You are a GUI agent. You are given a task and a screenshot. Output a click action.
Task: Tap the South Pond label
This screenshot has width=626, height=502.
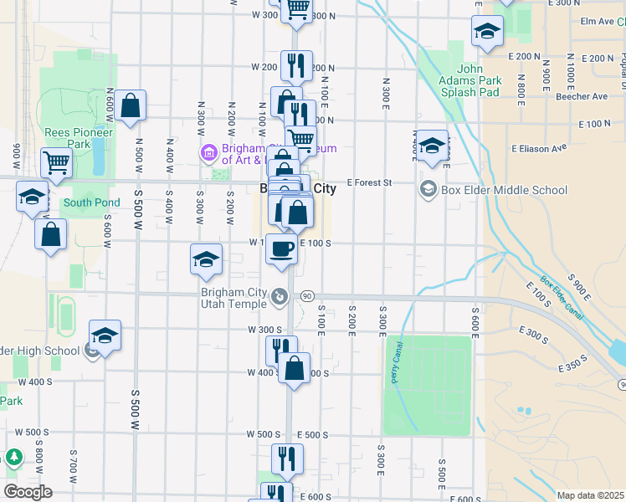click(91, 202)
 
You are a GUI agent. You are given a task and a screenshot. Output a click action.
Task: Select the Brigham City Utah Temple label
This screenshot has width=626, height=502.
click(236, 298)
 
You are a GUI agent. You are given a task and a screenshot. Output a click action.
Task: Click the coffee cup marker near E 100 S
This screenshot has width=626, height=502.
click(281, 248)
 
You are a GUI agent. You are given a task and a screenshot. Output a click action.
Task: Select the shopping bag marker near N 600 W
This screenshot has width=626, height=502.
click(130, 105)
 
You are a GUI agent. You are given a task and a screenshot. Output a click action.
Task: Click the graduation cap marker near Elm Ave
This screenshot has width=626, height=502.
click(486, 33)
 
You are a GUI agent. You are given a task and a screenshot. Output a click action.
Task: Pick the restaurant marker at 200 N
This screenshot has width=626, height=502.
click(295, 64)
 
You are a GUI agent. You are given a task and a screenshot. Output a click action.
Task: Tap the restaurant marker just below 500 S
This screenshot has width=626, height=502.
click(287, 458)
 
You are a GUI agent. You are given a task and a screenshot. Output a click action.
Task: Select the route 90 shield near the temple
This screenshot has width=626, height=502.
click(307, 296)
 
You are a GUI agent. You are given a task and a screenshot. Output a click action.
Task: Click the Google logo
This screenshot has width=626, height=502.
click(28, 491)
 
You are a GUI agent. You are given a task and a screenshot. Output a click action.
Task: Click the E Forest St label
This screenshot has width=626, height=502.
click(369, 182)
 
